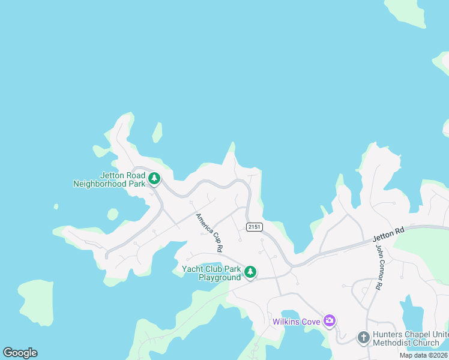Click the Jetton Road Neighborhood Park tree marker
coord(154,178)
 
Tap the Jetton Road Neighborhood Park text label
coord(109,179)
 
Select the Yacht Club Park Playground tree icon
coord(250,272)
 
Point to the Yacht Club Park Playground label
coord(211,273)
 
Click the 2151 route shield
coord(253,226)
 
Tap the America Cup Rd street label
coord(209,232)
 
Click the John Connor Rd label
coord(379,267)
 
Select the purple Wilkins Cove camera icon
coord(329,321)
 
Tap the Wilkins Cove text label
coord(297,322)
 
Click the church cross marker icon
coord(363,338)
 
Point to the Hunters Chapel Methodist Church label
coord(406,339)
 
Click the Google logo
coord(20,353)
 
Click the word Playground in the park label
coord(220,277)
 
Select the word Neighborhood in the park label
coord(100,184)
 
